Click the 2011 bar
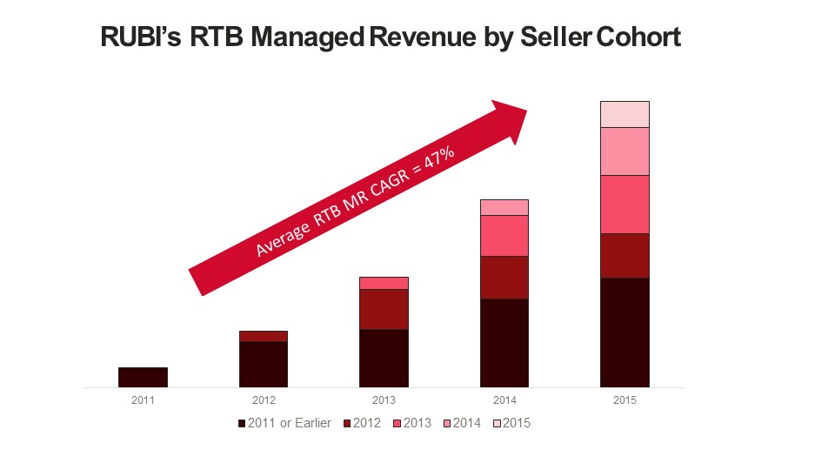pyautogui.click(x=143, y=377)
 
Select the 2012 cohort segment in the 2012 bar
pyautogui.click(x=263, y=336)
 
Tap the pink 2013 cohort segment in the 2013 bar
pyautogui.click(x=384, y=283)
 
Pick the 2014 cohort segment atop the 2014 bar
pyautogui.click(x=504, y=207)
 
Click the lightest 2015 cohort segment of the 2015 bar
pyautogui.click(x=625, y=114)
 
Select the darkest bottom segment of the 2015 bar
pyautogui.click(x=625, y=332)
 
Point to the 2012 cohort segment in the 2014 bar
pyautogui.click(x=504, y=278)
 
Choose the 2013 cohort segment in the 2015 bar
pyautogui.click(x=625, y=205)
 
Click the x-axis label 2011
pyautogui.click(x=143, y=400)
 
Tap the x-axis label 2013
pyautogui.click(x=384, y=400)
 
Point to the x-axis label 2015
pyautogui.click(x=625, y=400)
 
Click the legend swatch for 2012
pyautogui.click(x=348, y=424)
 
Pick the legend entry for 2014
pyautogui.click(x=461, y=424)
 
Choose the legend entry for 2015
pyautogui.click(x=511, y=424)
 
